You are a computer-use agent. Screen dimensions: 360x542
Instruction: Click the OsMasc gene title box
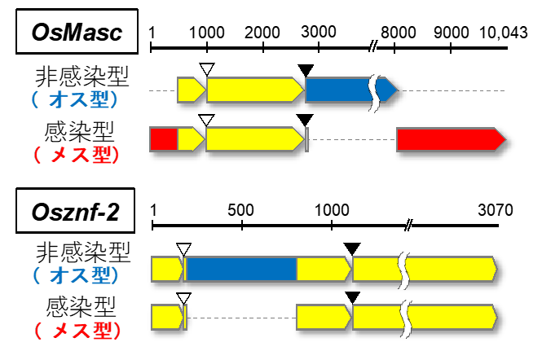77,33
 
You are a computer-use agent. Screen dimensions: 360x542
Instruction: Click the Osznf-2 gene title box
77,213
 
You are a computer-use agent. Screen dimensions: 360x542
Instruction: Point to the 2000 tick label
262,32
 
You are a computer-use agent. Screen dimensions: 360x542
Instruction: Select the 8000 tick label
396,32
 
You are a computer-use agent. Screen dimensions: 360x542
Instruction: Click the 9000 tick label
451,32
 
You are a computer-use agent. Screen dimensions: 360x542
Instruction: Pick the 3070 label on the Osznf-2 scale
495,209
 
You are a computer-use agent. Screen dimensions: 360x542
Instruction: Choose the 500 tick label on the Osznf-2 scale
241,209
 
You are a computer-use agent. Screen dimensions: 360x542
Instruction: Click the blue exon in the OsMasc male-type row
338,90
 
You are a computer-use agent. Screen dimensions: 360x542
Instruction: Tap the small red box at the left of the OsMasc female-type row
164,139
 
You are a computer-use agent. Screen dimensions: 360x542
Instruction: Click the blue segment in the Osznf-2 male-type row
240,269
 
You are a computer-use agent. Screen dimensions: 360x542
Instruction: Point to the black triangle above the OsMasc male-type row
306,71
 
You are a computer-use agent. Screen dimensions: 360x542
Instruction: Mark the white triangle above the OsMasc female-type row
206,121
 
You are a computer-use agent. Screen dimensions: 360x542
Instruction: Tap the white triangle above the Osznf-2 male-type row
184,248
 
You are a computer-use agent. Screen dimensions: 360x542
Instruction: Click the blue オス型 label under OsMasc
77,100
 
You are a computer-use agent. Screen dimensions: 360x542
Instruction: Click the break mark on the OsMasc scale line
373,48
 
